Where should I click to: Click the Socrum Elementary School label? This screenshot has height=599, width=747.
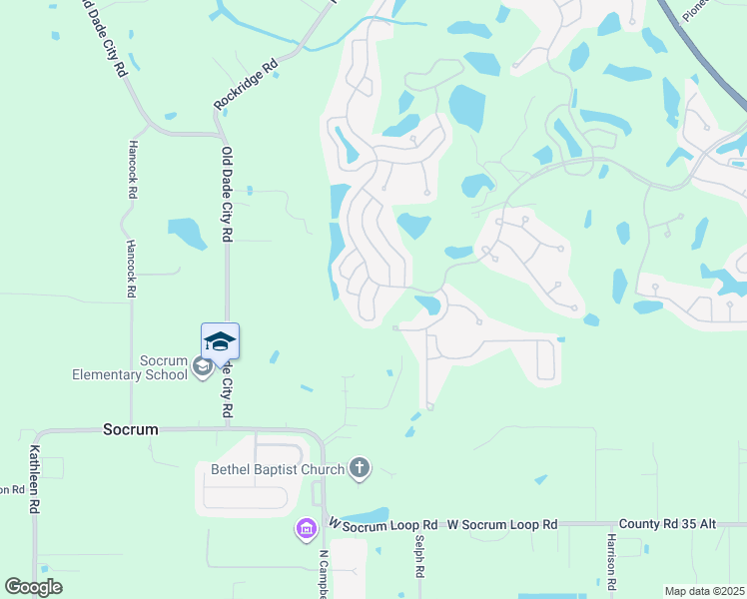point(129,367)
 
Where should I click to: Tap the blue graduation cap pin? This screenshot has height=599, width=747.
point(220,342)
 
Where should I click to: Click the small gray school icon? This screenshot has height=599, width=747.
point(202,367)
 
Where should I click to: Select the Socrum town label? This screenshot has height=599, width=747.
point(131,429)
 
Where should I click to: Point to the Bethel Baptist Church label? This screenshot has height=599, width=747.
point(277,468)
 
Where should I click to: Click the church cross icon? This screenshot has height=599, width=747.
point(360,468)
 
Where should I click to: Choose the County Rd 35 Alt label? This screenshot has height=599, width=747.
point(668,524)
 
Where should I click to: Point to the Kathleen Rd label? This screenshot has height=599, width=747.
point(34,479)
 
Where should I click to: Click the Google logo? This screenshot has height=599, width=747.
point(33,587)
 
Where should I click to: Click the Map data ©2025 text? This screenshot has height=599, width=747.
point(704,591)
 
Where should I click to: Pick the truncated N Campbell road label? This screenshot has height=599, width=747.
point(323,574)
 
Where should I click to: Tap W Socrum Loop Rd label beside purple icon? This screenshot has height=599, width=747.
point(382,524)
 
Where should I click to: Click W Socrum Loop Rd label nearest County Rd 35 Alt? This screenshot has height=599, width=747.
point(502,524)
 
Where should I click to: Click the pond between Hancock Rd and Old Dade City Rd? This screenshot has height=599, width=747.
point(187,233)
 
